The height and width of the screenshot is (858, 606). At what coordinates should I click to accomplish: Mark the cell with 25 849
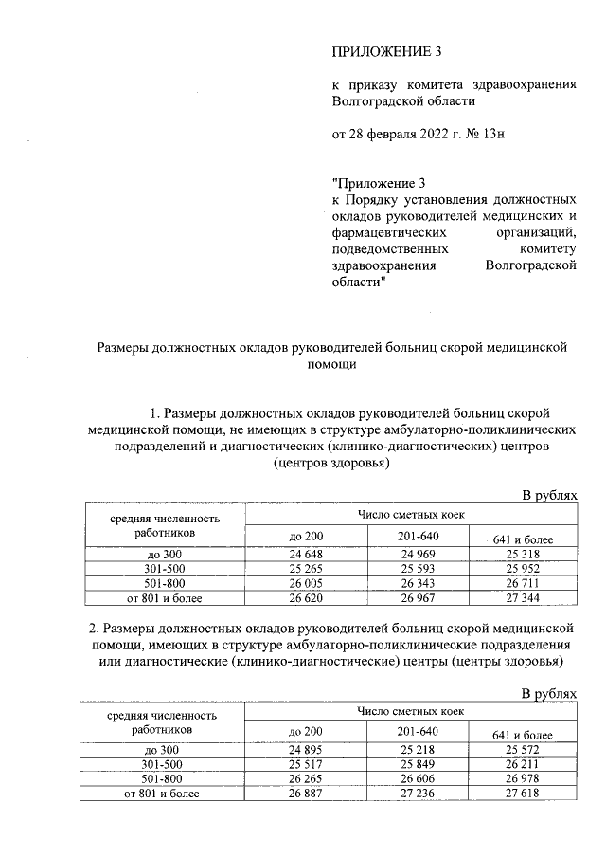click(419, 765)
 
